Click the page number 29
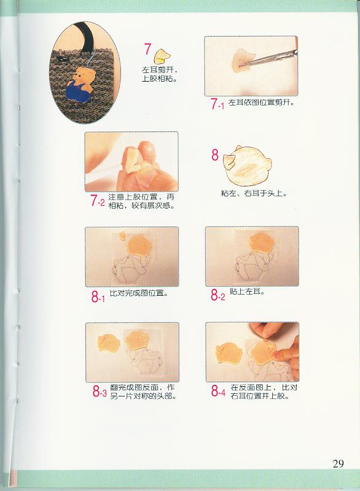coord(338,463)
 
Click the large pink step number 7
coord(147,49)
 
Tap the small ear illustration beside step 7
coord(162,56)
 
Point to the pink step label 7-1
coord(217,104)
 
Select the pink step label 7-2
coord(98,201)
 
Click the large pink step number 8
coord(214,155)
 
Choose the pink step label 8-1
coord(98,296)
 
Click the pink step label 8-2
coord(217,295)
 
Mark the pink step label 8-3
coord(100,392)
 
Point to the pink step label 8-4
coord(218,390)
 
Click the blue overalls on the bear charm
coord(77,91)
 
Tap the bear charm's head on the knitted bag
coord(84,75)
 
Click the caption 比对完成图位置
coord(138,293)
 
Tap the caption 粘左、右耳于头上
coord(254,193)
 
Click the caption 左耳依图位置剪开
coord(261,102)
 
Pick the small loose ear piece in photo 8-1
coord(122,235)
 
